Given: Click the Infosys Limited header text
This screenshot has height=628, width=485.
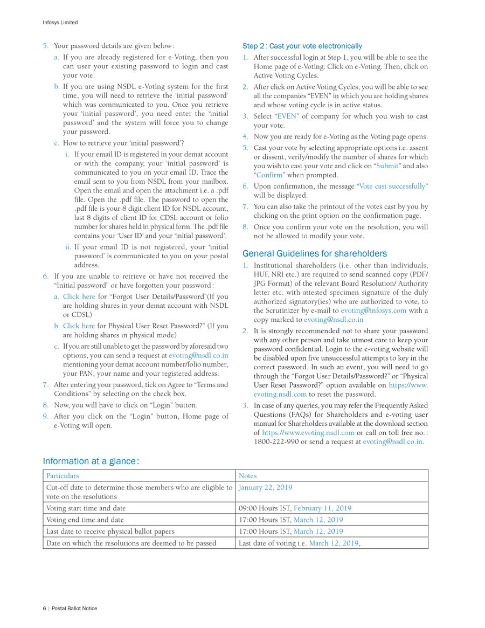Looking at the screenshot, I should [60, 23].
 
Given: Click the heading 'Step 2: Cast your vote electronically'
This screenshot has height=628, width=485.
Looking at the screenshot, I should [302, 46].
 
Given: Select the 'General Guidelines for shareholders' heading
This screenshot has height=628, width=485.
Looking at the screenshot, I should [314, 253].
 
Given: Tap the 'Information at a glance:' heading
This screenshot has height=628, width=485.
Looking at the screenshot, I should [91, 461].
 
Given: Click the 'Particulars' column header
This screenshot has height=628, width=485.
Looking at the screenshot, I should [63, 476].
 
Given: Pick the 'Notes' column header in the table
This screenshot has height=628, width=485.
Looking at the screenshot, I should [248, 476].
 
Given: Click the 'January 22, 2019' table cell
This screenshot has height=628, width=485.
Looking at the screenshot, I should [266, 487].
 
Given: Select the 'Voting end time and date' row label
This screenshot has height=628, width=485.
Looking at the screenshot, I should [85, 520].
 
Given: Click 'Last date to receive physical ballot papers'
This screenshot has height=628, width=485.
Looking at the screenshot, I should [110, 532].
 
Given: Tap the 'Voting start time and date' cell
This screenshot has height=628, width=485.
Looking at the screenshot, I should [86, 508].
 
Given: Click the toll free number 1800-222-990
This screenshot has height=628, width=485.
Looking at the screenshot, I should [275, 442].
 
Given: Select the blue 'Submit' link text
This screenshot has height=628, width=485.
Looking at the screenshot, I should [387, 165].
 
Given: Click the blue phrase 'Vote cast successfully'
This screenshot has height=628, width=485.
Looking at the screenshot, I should [392, 186].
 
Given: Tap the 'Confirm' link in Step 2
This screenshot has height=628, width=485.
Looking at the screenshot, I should [269, 175].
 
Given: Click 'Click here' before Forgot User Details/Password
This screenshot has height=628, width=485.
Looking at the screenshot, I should [79, 296].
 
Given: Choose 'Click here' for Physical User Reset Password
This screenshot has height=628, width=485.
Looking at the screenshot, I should [79, 326].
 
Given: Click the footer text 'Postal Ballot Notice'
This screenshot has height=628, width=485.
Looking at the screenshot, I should [74, 608].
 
